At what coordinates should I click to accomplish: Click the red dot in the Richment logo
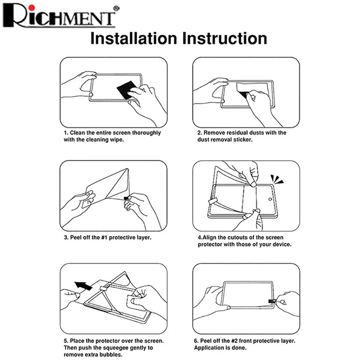pos(32,8)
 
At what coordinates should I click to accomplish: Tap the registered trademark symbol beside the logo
pos(117,8)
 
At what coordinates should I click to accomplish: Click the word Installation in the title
pos(134,38)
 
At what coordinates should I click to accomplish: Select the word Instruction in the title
pos(225,38)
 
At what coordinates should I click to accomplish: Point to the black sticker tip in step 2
pos(244,94)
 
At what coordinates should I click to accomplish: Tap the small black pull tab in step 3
pos(126,198)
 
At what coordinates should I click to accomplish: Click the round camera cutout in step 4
pos(270,199)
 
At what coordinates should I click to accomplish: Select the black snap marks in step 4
pos(277,179)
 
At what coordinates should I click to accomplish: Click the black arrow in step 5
pos(84,286)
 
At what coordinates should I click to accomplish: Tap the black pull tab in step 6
pos(272,301)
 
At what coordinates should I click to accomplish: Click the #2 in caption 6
pos(234,341)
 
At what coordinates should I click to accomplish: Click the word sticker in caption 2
pos(243,139)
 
